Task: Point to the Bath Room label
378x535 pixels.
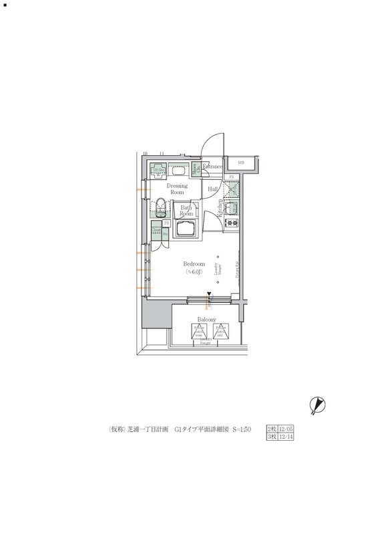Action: (186, 211)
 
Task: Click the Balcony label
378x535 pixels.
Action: (206, 320)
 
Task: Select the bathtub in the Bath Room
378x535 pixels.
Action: (186, 231)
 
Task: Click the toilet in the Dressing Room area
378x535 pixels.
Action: (162, 205)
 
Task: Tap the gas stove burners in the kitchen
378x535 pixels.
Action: (232, 223)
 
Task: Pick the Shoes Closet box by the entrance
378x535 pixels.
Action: (196, 168)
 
